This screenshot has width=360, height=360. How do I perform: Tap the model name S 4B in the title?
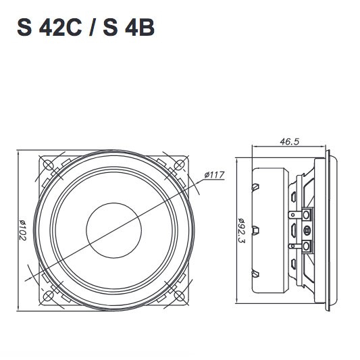point(130,30)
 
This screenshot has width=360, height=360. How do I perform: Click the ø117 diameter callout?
point(214,176)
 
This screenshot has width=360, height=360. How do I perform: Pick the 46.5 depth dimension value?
point(288,142)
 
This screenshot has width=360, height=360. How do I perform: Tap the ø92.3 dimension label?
point(241,230)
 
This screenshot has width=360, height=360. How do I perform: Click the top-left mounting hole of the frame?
point(47,164)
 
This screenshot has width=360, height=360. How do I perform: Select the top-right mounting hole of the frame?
point(180,164)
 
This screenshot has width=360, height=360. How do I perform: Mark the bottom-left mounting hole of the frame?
point(47,297)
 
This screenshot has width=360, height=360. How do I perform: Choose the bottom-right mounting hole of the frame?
point(180,297)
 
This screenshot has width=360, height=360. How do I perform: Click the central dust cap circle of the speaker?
point(113,230)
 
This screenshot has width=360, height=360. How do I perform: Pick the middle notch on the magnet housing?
point(255,229)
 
